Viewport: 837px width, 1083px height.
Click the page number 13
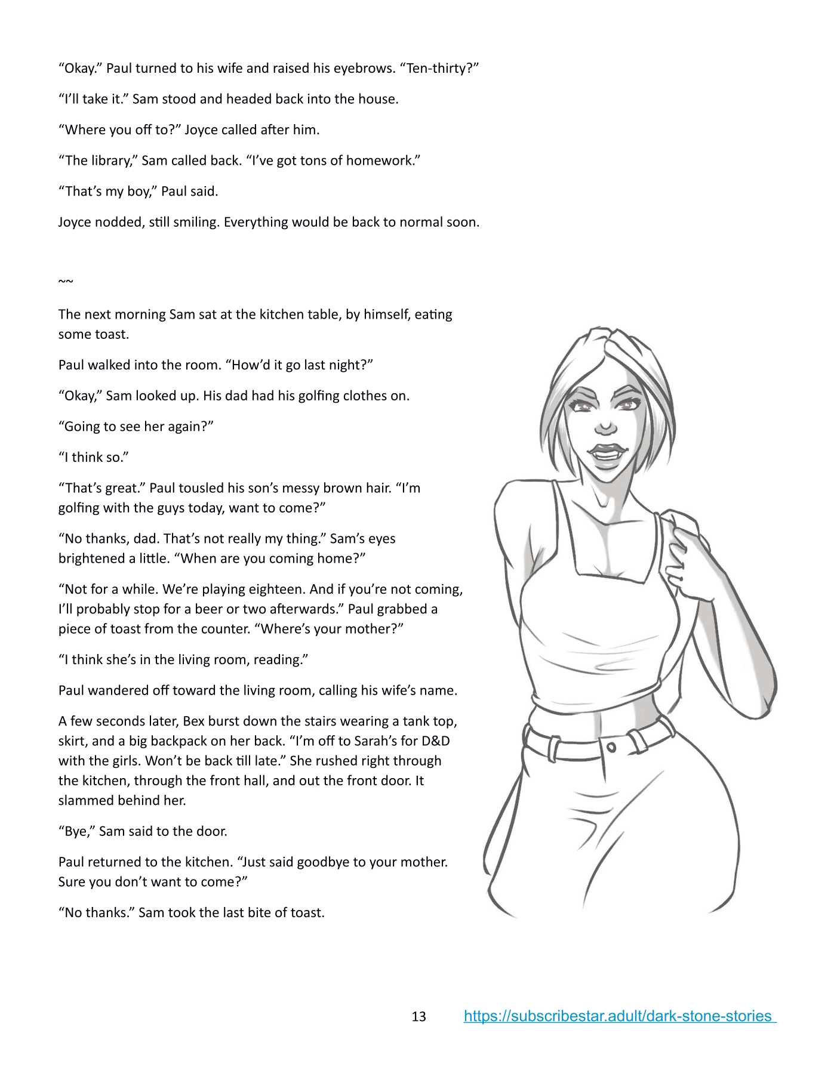418,1016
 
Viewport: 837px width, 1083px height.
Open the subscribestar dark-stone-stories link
619,1016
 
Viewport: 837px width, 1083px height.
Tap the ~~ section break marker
66,281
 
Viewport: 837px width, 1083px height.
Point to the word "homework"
384,161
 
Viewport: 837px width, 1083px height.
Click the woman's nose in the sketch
605,427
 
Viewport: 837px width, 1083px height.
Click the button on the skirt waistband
611,747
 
